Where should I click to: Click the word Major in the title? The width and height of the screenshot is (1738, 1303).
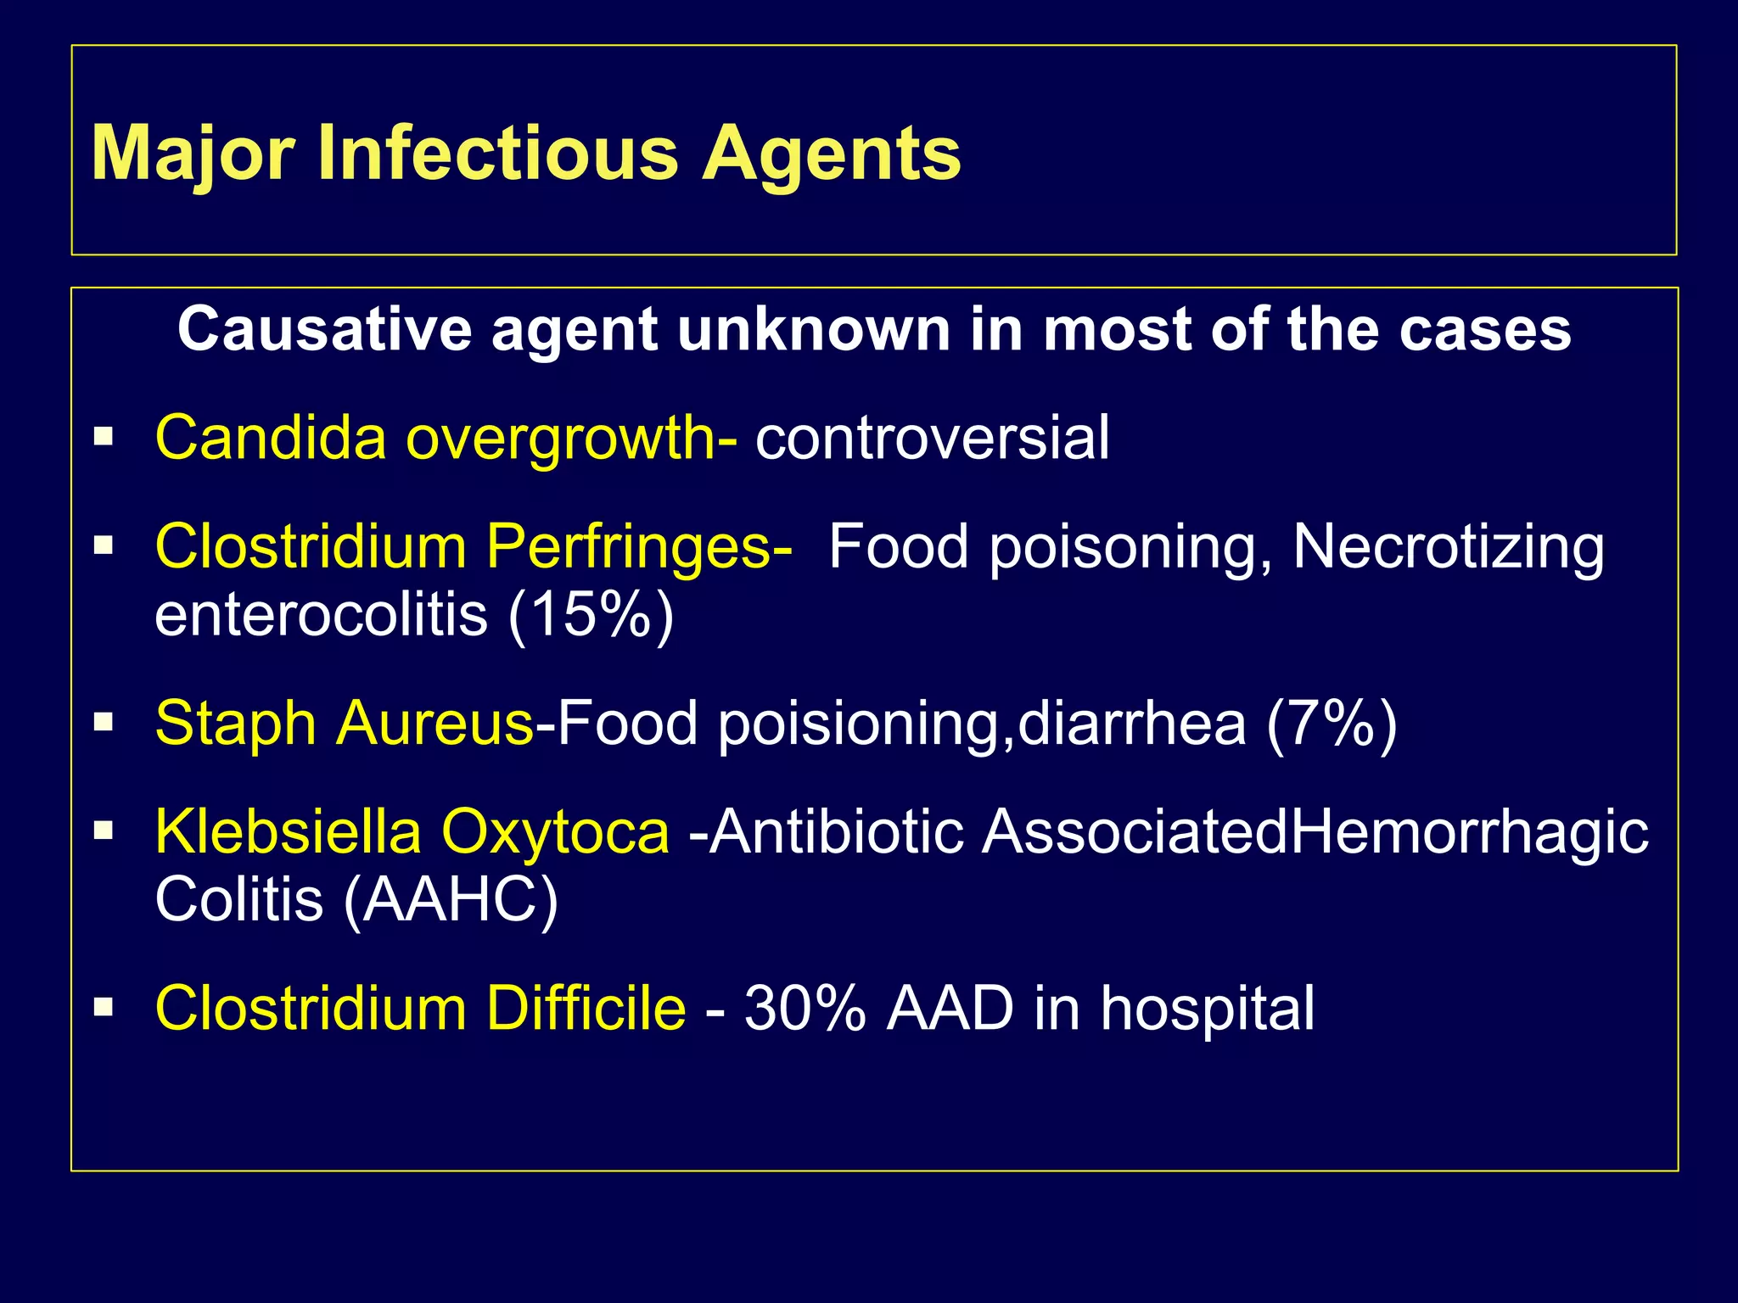point(193,154)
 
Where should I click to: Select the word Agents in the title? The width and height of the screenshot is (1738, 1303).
point(831,154)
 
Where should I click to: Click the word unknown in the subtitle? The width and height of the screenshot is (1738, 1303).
point(814,329)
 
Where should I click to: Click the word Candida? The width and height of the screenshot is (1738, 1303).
point(271,438)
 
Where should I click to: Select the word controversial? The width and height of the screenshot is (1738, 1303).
point(932,438)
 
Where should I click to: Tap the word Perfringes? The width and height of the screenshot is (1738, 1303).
point(641,547)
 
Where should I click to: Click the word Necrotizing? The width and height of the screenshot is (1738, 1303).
point(1448,547)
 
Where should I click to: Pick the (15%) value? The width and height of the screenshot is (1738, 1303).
point(591,614)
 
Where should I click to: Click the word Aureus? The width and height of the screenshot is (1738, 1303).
point(435,723)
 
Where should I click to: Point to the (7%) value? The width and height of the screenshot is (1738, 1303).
point(1331,723)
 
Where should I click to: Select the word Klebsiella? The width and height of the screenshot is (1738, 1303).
point(288,831)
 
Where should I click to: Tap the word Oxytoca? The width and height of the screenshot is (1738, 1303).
point(555,831)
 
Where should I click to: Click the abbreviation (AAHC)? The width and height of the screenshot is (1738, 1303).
point(451,899)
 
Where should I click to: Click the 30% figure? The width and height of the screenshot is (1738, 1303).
point(805,1009)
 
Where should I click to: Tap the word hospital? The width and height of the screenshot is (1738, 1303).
point(1207,1009)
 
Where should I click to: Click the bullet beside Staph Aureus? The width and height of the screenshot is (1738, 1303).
point(104,723)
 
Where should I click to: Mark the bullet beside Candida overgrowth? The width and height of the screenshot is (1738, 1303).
point(104,438)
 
